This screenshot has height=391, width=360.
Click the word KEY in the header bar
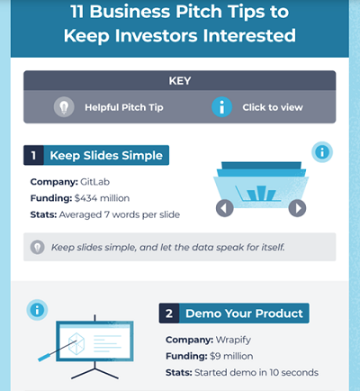179,80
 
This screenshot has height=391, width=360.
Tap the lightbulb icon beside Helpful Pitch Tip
64,106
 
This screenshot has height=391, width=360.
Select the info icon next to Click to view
221,106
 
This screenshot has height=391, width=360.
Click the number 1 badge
33,156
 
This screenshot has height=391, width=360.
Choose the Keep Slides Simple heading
106,156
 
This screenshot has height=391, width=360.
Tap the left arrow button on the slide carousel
225,208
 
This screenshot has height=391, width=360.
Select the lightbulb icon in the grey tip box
37,246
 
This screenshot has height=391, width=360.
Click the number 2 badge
170,314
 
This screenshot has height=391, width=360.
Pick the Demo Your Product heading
244,314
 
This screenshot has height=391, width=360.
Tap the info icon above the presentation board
37,310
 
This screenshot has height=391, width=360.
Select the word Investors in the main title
179,37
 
